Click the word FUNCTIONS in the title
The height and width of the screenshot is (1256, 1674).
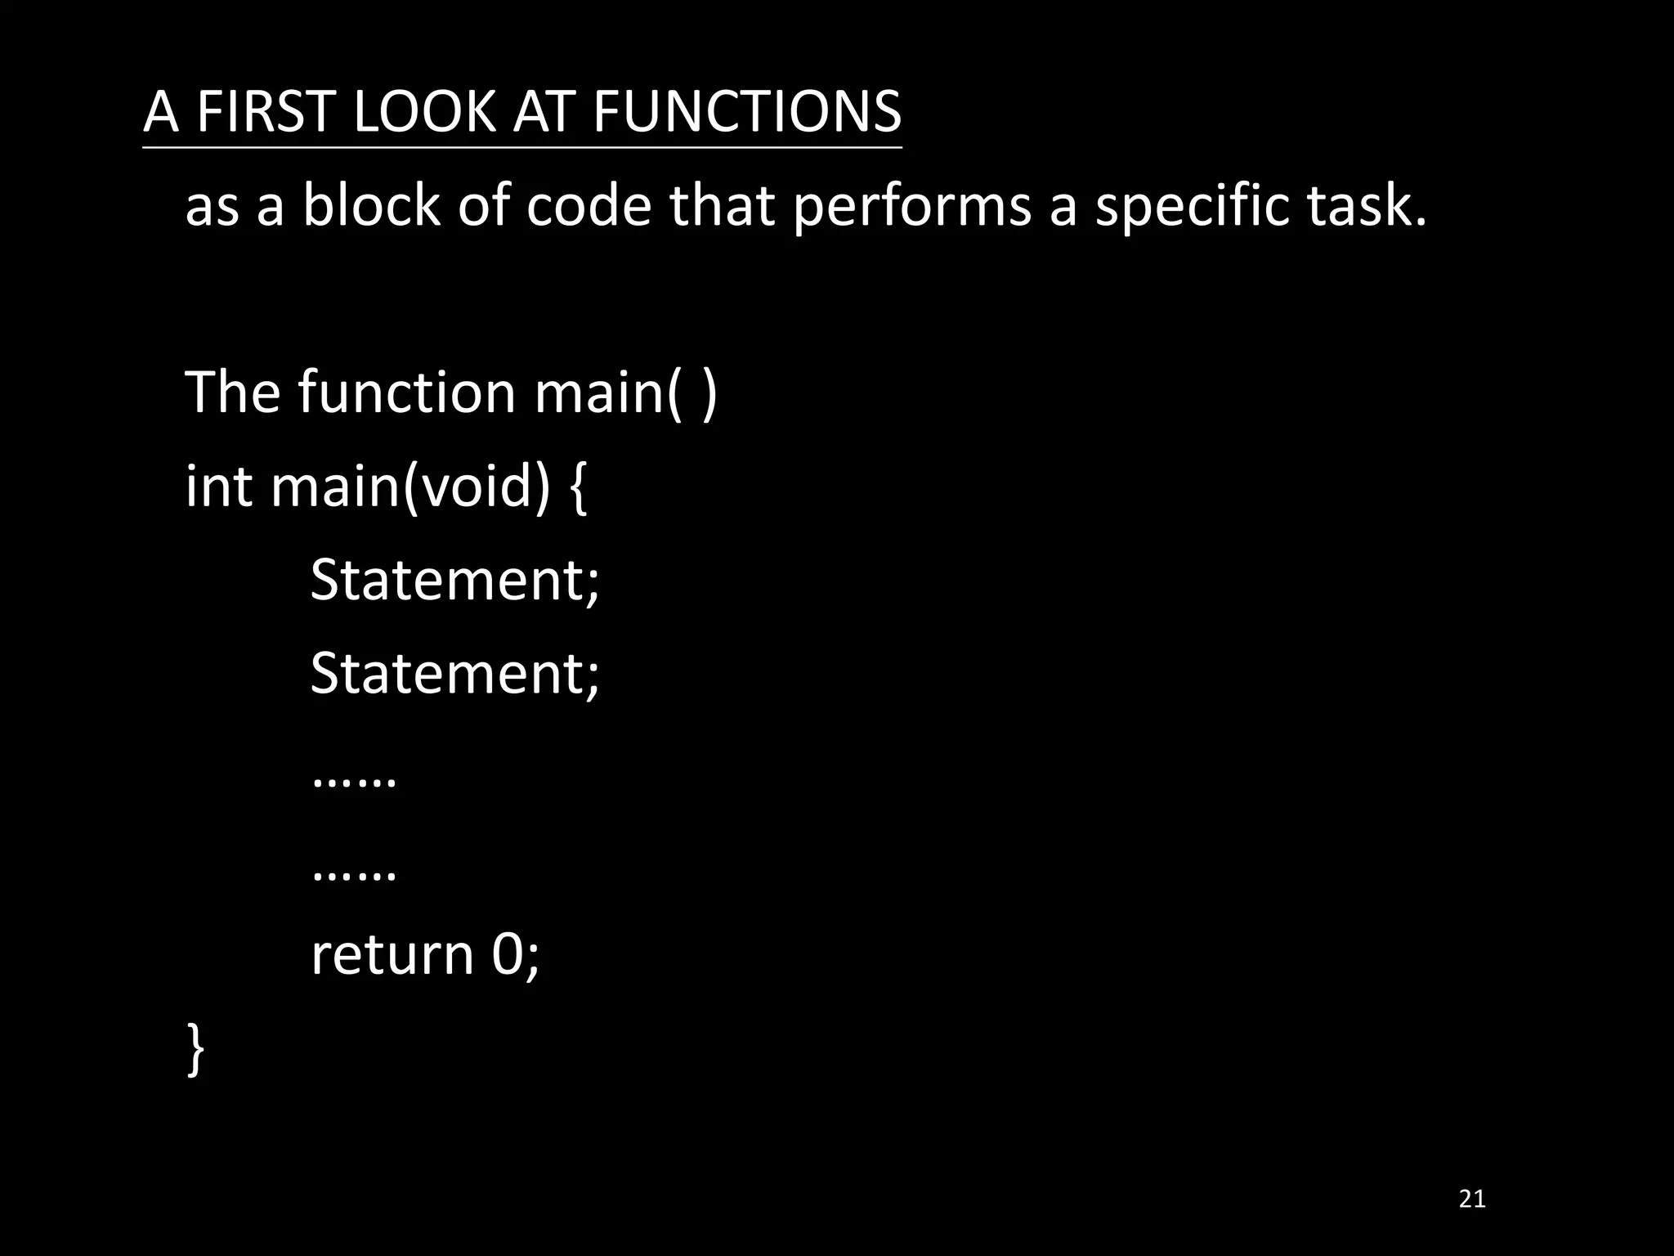point(746,111)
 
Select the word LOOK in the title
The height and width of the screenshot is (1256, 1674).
point(423,111)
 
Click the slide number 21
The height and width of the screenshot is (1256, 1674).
point(1472,1200)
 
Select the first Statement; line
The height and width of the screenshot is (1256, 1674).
point(454,580)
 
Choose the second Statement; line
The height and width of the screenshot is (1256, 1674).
point(454,673)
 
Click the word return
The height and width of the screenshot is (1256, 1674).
point(392,954)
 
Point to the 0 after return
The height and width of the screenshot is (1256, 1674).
point(508,954)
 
